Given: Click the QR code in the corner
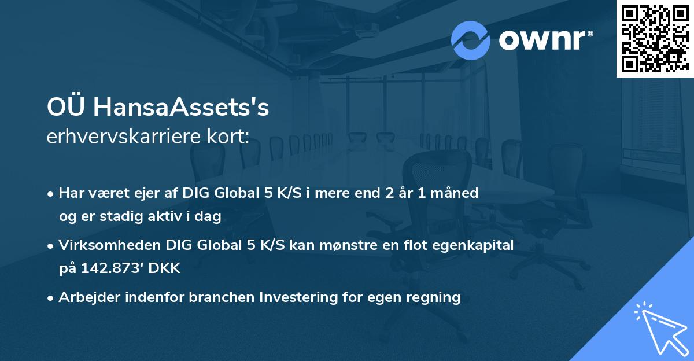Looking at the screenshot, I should [655, 39].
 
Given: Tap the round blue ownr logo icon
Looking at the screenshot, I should [471, 40].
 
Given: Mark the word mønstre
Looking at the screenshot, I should [352, 245].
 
